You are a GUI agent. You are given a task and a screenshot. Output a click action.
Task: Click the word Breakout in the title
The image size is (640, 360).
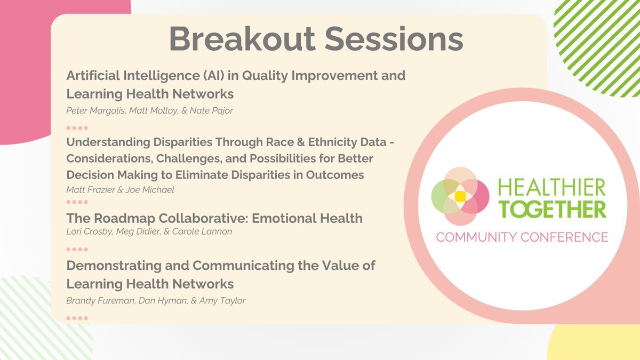[242, 39]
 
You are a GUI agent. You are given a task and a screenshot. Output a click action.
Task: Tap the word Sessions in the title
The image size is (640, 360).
[394, 39]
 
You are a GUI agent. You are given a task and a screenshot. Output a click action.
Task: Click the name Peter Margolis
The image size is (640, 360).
[96, 110]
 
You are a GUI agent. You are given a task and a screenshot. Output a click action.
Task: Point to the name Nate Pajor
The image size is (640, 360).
[211, 110]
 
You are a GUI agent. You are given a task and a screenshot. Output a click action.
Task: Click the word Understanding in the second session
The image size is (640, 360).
[108, 142]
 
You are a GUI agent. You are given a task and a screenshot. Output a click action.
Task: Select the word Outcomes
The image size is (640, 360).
[335, 175]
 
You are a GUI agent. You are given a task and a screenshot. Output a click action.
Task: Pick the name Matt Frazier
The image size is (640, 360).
[91, 190]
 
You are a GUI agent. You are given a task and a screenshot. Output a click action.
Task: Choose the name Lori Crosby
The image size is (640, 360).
[90, 231]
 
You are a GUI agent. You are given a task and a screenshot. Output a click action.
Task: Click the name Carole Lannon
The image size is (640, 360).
[202, 231]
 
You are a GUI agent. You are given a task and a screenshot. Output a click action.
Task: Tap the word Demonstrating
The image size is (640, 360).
[114, 266]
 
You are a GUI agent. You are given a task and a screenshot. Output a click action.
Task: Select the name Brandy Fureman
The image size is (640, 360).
[101, 301]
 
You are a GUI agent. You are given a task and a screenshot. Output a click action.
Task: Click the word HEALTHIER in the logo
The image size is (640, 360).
[551, 187]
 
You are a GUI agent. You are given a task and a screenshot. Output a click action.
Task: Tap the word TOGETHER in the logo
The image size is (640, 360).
[553, 210]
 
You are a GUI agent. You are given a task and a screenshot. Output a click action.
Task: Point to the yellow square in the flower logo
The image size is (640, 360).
[460, 197]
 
